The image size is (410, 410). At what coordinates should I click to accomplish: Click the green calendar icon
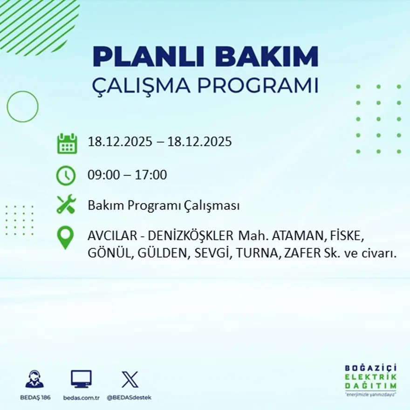[x=67, y=143]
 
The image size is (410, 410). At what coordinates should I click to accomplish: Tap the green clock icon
[x=66, y=176]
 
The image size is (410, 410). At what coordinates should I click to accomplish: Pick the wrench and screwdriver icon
[x=66, y=205]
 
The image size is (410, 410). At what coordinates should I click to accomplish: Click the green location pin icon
[x=65, y=238]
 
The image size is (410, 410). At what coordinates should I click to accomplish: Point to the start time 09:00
[x=103, y=176]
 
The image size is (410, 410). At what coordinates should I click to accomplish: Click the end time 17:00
[x=151, y=176]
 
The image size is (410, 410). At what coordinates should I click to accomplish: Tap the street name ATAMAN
[x=292, y=236]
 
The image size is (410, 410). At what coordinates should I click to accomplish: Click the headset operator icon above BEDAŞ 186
[x=34, y=379]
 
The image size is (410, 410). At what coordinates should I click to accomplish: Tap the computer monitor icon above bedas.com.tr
[x=81, y=379]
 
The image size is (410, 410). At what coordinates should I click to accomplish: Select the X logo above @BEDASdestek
[x=130, y=379]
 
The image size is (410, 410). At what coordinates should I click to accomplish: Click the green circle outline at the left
[x=22, y=107]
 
